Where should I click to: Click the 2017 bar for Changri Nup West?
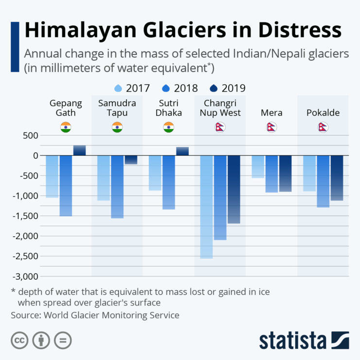(206, 207)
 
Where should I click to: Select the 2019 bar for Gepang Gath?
(79, 150)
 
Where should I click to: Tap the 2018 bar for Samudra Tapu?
(117, 186)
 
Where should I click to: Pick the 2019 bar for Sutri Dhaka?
(182, 151)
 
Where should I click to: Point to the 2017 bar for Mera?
(258, 166)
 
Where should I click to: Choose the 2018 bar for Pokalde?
(324, 181)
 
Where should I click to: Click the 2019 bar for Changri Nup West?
(234, 189)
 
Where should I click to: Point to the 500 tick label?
(29, 135)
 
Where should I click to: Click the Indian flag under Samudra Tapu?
(117, 127)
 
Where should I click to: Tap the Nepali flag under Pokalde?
(323, 127)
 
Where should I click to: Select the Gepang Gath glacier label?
(66, 108)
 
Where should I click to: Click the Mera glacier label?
(271, 113)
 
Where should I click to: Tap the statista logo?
(304, 340)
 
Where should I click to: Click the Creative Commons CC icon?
(19, 340)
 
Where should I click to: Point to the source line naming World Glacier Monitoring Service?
(95, 315)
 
